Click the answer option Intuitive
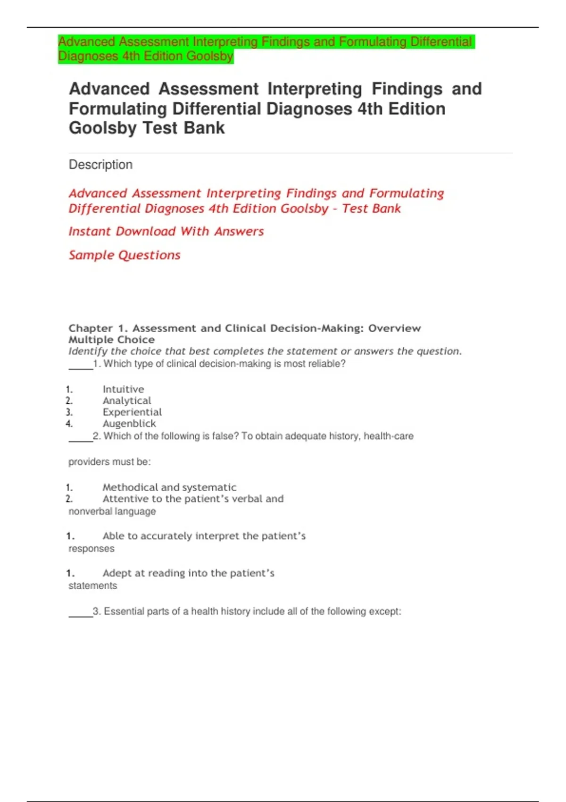click(123, 389)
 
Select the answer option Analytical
click(127, 401)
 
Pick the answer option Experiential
click(132, 412)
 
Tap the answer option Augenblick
click(129, 424)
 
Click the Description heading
click(100, 165)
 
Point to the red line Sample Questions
click(125, 255)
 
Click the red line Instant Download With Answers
click(166, 231)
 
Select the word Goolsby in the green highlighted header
click(210, 56)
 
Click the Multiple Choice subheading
click(111, 340)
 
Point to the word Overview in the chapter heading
click(394, 328)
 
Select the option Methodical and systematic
click(169, 487)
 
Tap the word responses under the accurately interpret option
click(92, 549)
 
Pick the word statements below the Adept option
click(93, 586)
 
